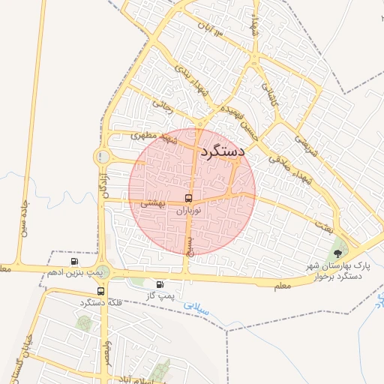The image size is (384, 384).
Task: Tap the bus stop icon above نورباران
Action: click(x=187, y=199)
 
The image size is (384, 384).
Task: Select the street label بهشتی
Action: click(x=152, y=203)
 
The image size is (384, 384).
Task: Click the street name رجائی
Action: click(x=162, y=106)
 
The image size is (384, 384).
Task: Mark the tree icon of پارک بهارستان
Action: click(x=338, y=252)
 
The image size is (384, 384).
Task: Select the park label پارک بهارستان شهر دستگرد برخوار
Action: click(x=337, y=271)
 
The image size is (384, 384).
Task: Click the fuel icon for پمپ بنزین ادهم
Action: click(x=74, y=261)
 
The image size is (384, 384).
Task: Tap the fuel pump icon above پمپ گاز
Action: click(x=159, y=284)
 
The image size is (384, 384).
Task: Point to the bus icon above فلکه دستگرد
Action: click(x=100, y=292)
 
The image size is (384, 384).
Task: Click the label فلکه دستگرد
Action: click(x=100, y=302)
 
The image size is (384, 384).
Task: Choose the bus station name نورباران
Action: click(x=187, y=211)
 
